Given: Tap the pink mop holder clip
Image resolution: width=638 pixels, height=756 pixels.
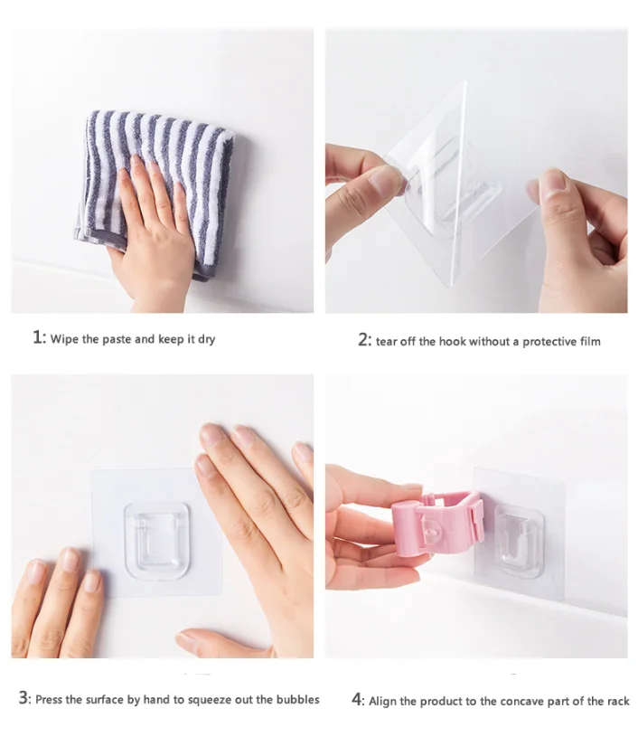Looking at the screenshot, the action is pyautogui.click(x=436, y=523).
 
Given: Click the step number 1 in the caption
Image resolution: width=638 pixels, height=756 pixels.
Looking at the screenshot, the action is pyautogui.click(x=38, y=337).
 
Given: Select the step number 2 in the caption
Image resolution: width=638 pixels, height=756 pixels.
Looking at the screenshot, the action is pyautogui.click(x=362, y=339).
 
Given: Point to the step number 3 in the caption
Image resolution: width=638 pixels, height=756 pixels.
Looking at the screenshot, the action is pyautogui.click(x=23, y=697).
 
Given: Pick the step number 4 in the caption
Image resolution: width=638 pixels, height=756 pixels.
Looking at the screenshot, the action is pyautogui.click(x=357, y=699).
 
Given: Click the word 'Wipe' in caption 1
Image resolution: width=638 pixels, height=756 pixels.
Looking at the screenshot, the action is pyautogui.click(x=64, y=339).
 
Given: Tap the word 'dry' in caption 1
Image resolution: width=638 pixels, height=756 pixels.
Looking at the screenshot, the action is pyautogui.click(x=206, y=340).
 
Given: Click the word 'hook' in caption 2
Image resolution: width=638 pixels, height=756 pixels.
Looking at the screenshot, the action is pyautogui.click(x=452, y=341).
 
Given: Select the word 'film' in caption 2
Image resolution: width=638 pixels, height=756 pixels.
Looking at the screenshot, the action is pyautogui.click(x=590, y=341).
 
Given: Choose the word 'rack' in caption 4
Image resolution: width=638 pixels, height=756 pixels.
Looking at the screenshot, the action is pyautogui.click(x=618, y=701).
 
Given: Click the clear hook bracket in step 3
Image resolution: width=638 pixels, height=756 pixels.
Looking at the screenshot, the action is pyautogui.click(x=156, y=541).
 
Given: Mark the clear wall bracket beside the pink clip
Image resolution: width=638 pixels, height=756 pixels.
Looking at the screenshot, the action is pyautogui.click(x=520, y=540).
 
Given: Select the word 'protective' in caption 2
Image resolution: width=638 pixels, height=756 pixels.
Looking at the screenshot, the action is pyautogui.click(x=549, y=342).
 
